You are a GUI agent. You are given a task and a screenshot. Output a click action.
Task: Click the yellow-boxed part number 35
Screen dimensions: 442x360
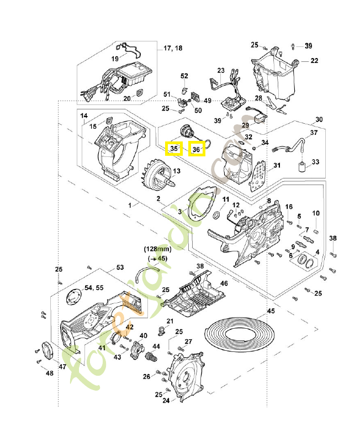tap(174, 149)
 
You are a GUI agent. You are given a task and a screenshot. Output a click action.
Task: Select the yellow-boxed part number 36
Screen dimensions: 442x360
tap(197, 149)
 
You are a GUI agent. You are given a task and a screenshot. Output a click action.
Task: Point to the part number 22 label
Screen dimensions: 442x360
tap(314, 60)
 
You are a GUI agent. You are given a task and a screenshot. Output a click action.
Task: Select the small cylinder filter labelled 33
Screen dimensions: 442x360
tap(302, 166)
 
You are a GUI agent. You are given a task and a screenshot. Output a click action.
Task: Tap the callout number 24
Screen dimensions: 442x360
tap(165, 401)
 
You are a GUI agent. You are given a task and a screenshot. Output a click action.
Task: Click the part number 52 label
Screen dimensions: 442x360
tap(184, 76)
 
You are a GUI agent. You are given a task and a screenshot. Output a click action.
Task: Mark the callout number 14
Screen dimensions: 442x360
tap(84, 116)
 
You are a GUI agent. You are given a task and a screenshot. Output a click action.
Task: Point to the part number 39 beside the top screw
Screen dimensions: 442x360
tap(308, 45)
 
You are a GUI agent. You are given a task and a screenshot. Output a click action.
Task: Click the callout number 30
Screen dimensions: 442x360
tap(319, 119)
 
